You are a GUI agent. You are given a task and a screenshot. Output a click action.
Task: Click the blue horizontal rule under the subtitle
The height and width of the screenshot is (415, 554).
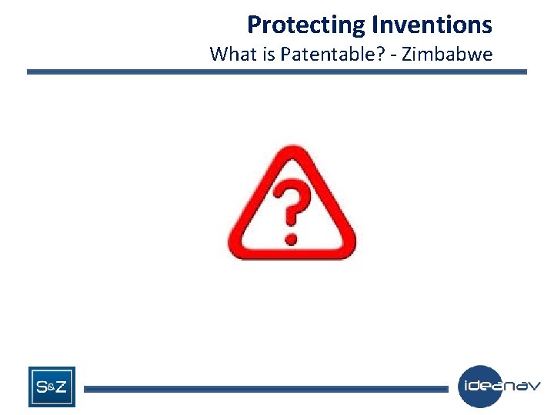(277, 72)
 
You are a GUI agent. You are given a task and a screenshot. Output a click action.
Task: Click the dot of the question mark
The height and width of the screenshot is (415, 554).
(291, 237)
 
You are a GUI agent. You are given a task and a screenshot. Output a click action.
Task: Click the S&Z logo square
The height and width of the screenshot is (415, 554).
(52, 387)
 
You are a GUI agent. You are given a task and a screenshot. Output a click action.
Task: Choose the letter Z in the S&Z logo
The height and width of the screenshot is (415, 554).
(61, 387)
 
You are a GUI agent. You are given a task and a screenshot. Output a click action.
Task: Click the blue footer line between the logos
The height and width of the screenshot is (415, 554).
(265, 390)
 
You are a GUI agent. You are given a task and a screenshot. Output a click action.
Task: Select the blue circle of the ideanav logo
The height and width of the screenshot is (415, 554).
(479, 387)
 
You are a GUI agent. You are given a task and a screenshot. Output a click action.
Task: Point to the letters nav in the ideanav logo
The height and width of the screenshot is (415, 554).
(523, 386)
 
